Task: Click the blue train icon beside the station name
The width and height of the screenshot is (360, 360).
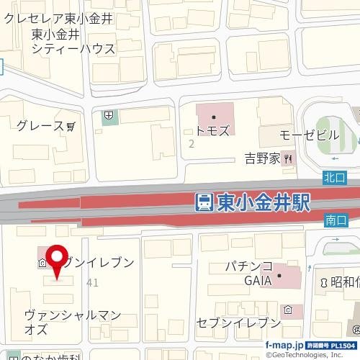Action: [204, 202]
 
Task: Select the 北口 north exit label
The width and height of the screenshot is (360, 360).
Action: [335, 176]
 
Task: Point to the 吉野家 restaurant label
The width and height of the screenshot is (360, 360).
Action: [262, 159]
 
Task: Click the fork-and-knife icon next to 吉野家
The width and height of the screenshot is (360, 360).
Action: [287, 159]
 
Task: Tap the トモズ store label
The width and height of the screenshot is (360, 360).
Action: [213, 131]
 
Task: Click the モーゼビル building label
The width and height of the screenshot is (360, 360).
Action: [309, 135]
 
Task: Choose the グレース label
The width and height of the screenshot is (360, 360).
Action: [40, 126]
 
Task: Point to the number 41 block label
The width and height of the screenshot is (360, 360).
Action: [91, 283]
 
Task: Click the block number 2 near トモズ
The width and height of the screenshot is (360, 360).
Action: [191, 144]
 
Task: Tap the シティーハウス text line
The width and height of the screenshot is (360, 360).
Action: [73, 49]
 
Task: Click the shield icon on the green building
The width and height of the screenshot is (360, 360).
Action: [108, 114]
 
